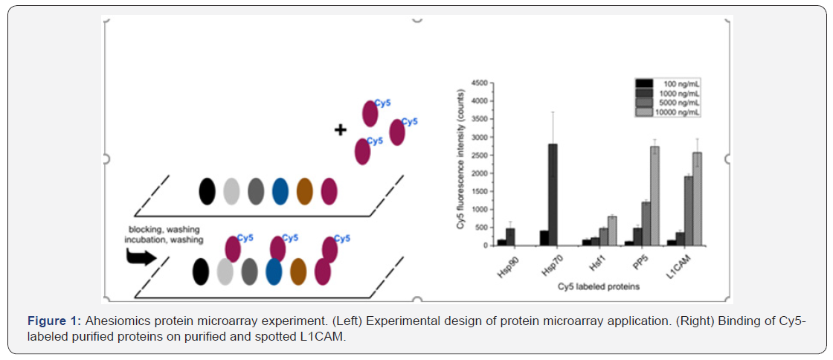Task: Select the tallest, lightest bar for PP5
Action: click(654, 196)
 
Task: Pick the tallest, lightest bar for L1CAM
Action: click(697, 199)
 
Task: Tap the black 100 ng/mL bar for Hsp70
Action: click(544, 238)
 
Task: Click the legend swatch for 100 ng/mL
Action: click(644, 83)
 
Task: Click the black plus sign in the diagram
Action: click(341, 129)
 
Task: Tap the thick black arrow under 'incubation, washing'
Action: click(142, 257)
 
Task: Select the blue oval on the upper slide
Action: click(280, 191)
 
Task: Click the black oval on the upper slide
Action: click(207, 191)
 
